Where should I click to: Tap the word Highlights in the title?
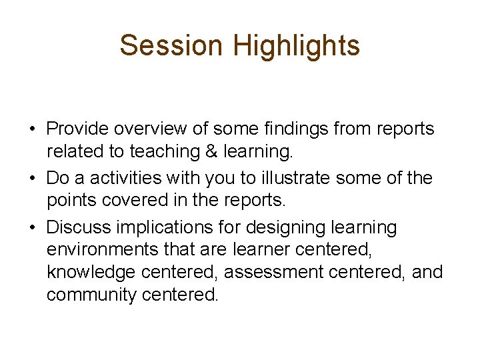[x=297, y=45]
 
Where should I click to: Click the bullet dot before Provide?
[x=33, y=129]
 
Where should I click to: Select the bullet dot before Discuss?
[x=33, y=227]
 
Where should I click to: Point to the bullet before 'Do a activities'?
[x=33, y=178]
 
